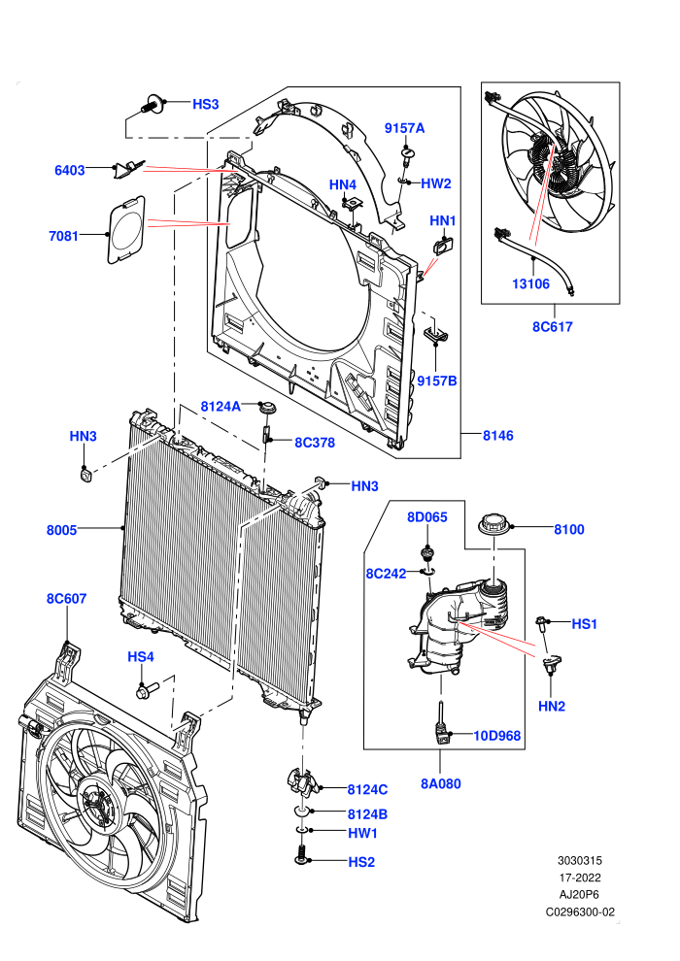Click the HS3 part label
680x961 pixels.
pyautogui.click(x=205, y=104)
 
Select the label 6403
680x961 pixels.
pyautogui.click(x=69, y=171)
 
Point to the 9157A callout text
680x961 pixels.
pyautogui.click(x=404, y=128)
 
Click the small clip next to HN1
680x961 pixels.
pyautogui.click(x=443, y=246)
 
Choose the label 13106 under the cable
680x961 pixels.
pyautogui.click(x=530, y=283)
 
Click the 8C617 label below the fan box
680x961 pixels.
pyautogui.click(x=552, y=327)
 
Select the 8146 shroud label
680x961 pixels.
pyautogui.click(x=498, y=436)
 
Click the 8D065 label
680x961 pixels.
pyautogui.click(x=427, y=517)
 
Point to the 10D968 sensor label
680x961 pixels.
pyautogui.click(x=496, y=736)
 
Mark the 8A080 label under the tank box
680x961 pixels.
pyautogui.click(x=440, y=783)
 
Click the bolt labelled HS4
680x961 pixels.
pyautogui.click(x=147, y=690)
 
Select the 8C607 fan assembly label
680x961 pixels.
pyautogui.click(x=66, y=598)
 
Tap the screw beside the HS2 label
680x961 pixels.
pyautogui.click(x=300, y=854)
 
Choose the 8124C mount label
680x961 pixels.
pyautogui.click(x=367, y=789)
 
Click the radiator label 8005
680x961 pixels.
pyautogui.click(x=61, y=530)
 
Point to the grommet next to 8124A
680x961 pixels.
pyautogui.click(x=267, y=407)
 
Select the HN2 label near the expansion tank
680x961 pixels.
pyautogui.click(x=551, y=706)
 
